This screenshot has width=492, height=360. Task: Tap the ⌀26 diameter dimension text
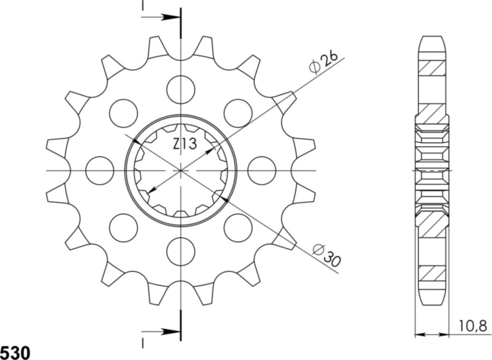point(323,62)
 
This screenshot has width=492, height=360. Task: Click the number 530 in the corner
point(15,352)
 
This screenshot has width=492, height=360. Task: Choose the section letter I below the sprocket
point(143,340)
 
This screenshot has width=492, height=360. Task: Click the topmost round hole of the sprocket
point(181,90)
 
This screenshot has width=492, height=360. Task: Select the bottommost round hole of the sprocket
point(181,251)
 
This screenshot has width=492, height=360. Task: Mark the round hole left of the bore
point(100,171)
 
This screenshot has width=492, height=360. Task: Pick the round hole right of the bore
point(262,171)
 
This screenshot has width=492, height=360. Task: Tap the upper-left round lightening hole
point(123,113)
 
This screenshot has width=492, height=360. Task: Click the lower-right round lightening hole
point(238,228)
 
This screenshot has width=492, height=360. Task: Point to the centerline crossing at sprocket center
point(181,171)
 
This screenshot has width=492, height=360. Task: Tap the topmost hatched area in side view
point(432,68)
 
